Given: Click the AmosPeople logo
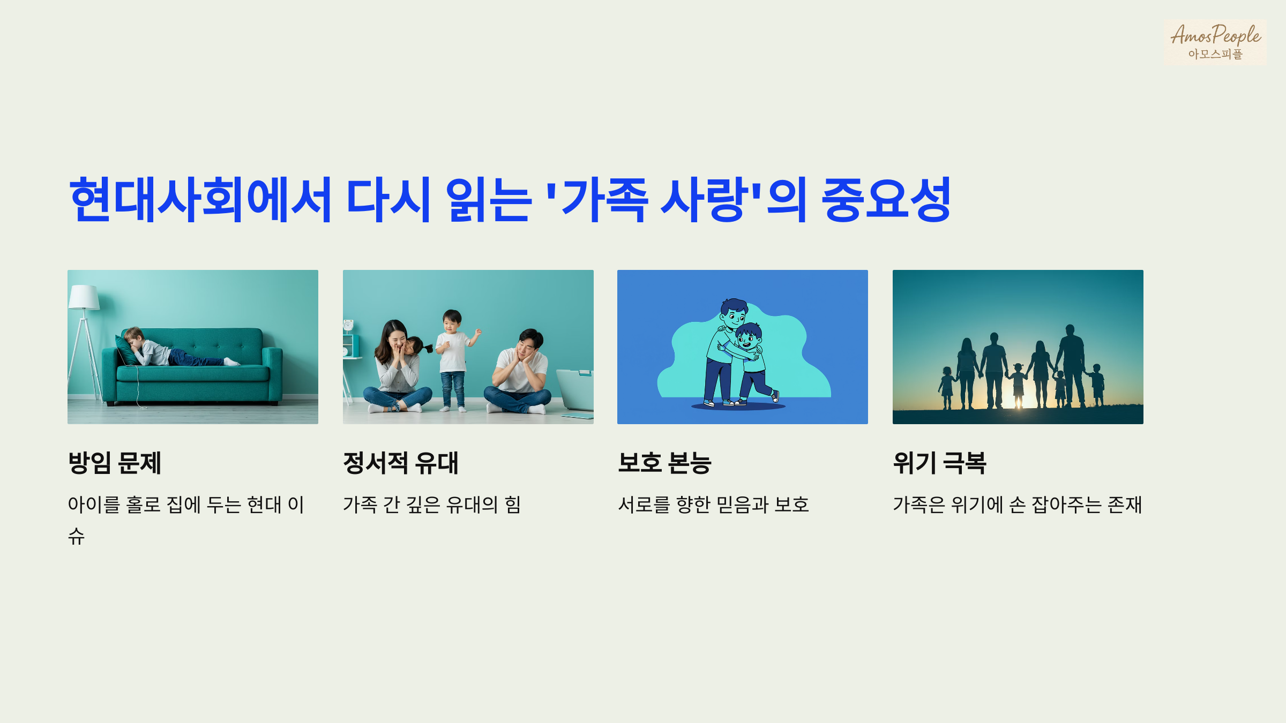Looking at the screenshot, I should (1215, 42).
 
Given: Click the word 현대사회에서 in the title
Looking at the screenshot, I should (201, 200).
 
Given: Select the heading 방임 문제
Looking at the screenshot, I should (115, 463).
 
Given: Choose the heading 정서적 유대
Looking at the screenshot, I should (401, 463).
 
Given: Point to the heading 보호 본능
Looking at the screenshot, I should (664, 463).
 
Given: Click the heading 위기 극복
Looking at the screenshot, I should (939, 463).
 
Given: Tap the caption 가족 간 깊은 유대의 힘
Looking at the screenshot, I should (432, 504).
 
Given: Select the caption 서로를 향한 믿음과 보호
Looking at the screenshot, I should (713, 504).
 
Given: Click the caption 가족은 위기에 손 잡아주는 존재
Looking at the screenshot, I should (1018, 504).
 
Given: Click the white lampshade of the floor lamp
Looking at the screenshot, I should (84, 298).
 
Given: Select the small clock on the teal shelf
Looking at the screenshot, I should (348, 325).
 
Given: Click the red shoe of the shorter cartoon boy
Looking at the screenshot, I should (775, 396).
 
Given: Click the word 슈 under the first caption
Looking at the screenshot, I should (76, 536).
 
